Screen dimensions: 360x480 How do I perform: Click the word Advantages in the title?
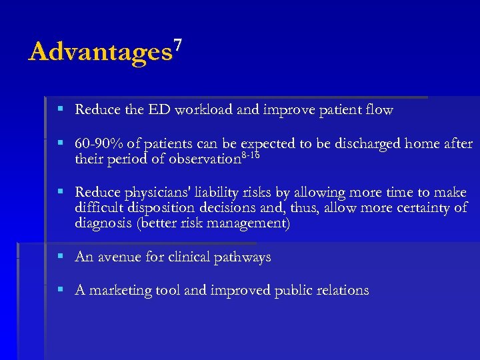(x=100, y=52)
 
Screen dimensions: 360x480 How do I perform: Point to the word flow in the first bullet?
(x=378, y=110)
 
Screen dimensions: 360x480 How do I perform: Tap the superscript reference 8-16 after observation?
(x=250, y=155)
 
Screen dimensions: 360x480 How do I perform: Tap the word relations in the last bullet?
(x=341, y=291)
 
